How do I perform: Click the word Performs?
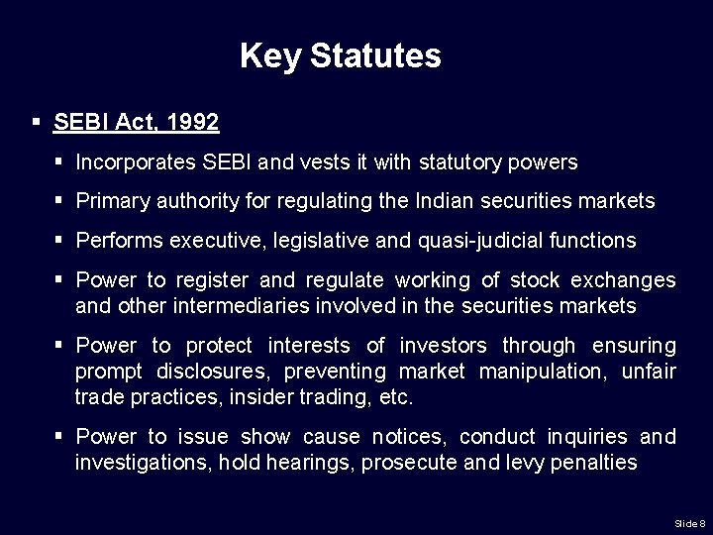[x=116, y=241]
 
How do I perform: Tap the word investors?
[x=443, y=346]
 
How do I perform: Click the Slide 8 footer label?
[x=689, y=522]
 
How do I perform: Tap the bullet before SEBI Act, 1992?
[x=36, y=123]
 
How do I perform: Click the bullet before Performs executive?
[x=59, y=241]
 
